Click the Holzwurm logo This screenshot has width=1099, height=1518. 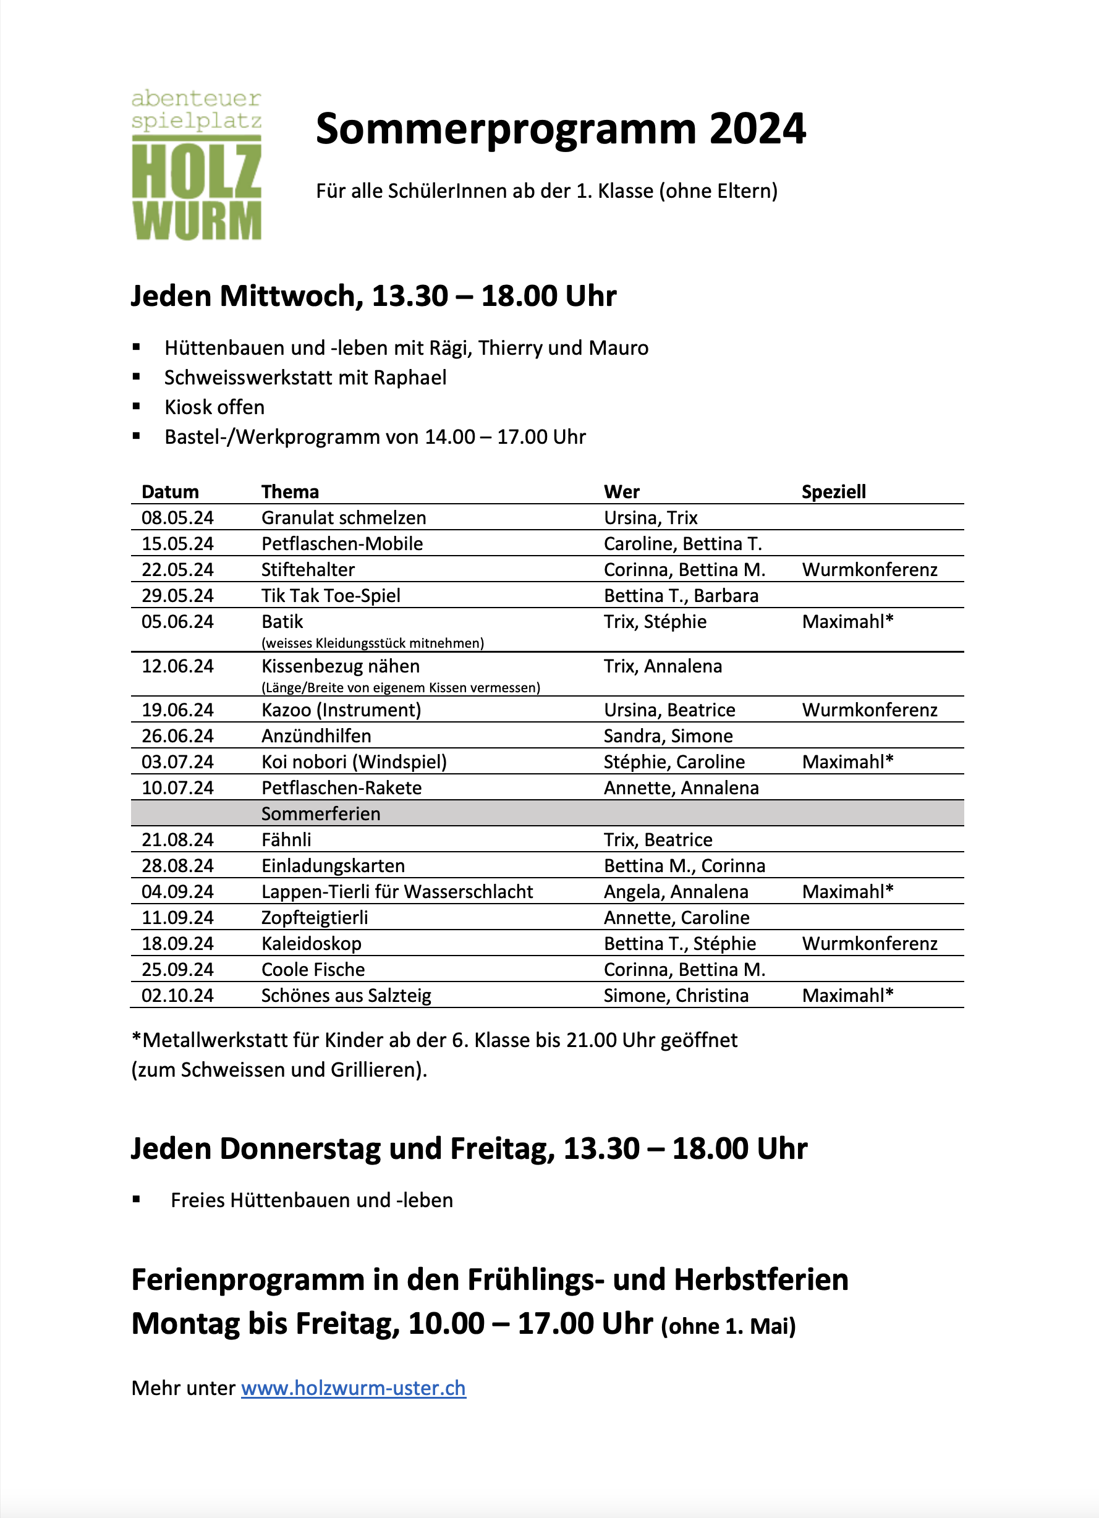coord(196,164)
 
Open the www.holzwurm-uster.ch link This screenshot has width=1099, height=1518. coord(353,1388)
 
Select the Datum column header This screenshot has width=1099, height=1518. coord(170,491)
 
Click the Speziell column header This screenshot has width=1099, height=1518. coord(833,491)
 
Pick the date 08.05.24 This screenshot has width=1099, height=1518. coord(177,517)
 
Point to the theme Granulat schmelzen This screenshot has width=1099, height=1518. coord(343,517)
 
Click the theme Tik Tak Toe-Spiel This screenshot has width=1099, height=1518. coord(331,595)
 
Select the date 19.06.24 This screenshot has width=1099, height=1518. coord(177,710)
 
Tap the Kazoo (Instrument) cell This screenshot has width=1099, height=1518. coord(341,710)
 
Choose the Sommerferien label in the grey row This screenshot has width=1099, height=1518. coord(321,813)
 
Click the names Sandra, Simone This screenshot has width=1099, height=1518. coord(668,736)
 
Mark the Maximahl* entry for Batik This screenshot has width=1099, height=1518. coord(847,621)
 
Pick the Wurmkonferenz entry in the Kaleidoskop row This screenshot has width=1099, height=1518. coord(870,943)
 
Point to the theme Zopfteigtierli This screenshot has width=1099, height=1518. coord(315,917)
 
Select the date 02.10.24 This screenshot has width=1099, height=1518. coord(177,995)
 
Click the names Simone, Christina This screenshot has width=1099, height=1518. coord(676,995)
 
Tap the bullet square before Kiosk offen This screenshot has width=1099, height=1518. coord(137,405)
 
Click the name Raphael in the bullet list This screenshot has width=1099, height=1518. coord(410,378)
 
